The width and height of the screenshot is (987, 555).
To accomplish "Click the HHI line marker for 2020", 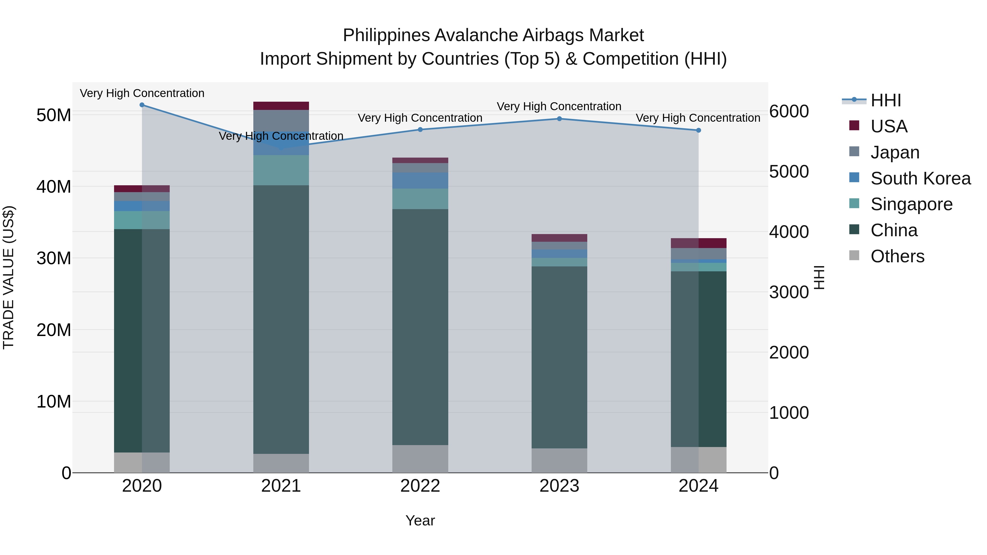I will coord(142,105).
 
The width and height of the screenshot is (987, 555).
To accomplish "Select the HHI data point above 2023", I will coord(559,119).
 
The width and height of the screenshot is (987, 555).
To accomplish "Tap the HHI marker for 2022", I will coord(420,129).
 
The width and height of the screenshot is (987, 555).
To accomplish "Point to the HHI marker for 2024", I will coord(698,130).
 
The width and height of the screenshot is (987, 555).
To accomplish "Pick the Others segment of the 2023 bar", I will coord(559,460).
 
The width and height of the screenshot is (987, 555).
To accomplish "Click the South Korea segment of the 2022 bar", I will coord(420,180).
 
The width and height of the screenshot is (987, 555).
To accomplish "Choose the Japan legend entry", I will coord(895,152).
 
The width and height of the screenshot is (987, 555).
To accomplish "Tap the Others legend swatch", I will coord(854,255).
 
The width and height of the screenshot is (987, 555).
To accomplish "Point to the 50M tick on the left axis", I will coord(54,115).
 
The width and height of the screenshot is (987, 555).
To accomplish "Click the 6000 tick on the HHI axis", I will coord(789,112).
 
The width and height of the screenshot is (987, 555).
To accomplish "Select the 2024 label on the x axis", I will coord(698,486).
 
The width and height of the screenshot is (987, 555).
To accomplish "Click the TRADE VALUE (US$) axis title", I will coord(8,277).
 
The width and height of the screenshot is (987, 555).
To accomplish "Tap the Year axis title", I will coord(420,520).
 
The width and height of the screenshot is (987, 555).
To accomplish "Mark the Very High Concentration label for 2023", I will coord(559,107).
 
